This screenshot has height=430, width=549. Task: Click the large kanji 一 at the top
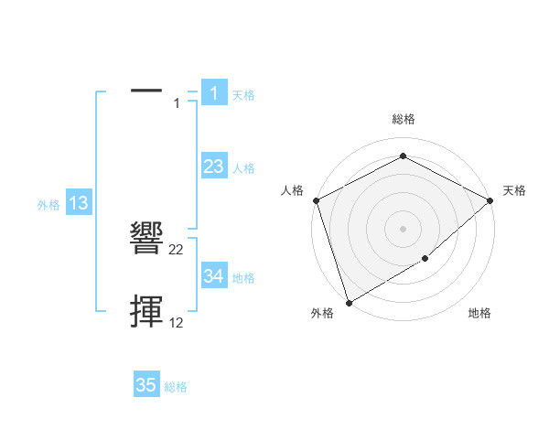click(x=146, y=91)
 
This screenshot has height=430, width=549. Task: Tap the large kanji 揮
click(x=147, y=311)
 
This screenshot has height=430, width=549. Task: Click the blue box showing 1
click(x=213, y=92)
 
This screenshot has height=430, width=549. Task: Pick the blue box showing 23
click(x=213, y=167)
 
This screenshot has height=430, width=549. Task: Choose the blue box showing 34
click(x=213, y=276)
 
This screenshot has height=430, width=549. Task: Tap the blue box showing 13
click(x=79, y=204)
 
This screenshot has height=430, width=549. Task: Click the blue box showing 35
click(x=146, y=385)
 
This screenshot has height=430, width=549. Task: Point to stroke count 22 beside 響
click(x=177, y=249)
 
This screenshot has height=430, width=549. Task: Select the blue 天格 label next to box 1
click(x=243, y=94)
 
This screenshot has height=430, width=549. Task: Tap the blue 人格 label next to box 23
click(x=243, y=168)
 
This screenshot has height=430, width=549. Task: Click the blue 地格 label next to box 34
click(x=243, y=278)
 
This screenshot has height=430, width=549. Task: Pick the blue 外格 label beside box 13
click(x=48, y=206)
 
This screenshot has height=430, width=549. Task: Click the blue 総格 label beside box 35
click(x=176, y=387)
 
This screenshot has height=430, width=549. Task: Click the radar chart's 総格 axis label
click(x=403, y=119)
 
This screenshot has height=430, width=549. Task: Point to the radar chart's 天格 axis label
click(x=514, y=190)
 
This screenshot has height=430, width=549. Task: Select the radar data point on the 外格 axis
click(x=349, y=302)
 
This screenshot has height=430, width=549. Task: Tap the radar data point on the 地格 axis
click(x=425, y=259)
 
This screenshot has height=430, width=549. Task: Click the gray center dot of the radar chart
click(x=403, y=228)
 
